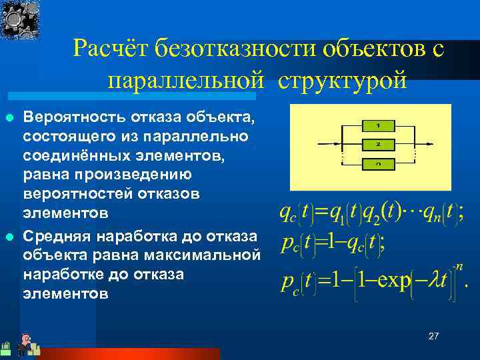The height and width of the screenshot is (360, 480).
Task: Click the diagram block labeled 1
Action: [378, 125]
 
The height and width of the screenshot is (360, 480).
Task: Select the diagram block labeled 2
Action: [378, 143]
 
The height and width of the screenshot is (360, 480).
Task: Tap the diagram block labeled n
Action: [378, 163]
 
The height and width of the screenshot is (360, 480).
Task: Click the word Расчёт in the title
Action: [111, 48]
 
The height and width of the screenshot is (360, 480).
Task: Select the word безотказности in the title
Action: [236, 48]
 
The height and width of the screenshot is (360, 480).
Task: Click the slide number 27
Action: [434, 337]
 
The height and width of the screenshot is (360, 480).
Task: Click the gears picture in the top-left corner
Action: [19, 20]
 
